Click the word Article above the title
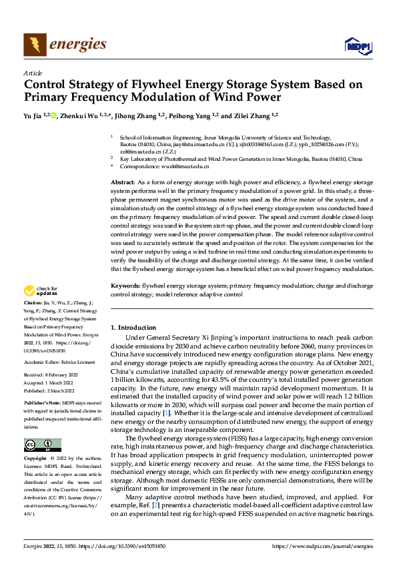click(33, 73)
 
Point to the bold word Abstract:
click(123, 182)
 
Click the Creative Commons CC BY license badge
click(42, 445)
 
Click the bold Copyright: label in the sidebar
click(36, 459)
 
